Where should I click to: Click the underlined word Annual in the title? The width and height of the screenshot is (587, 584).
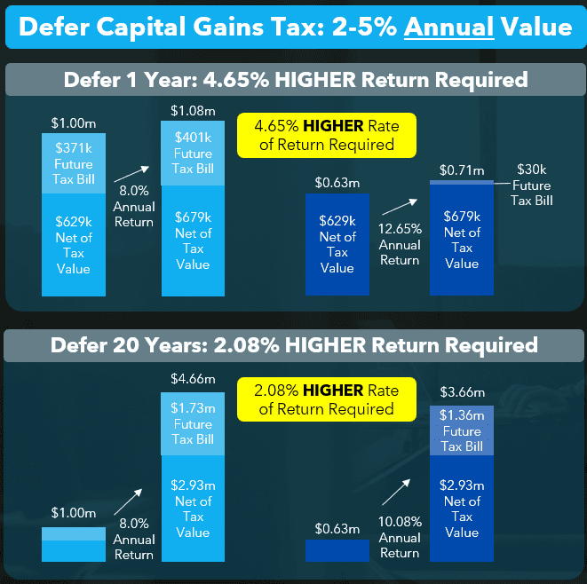pyautogui.click(x=448, y=27)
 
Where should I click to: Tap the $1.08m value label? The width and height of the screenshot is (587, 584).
pyautogui.click(x=193, y=112)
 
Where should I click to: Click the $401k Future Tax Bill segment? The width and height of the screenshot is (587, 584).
pyautogui.click(x=193, y=154)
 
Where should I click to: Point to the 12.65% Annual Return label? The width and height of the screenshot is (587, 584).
pyautogui.click(x=400, y=245)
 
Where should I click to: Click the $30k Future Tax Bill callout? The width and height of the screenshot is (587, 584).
pyautogui.click(x=531, y=185)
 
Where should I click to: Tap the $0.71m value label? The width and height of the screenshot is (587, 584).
pyautogui.click(x=462, y=170)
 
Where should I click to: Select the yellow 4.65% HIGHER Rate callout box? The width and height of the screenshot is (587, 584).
pyautogui.click(x=327, y=135)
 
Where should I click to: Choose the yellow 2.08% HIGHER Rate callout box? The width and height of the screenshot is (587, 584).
pyautogui.click(x=327, y=400)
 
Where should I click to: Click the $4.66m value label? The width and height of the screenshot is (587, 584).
pyautogui.click(x=193, y=379)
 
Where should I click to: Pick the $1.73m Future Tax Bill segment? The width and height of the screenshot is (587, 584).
pyautogui.click(x=193, y=423)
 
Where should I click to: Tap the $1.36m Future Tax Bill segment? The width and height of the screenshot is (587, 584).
pyautogui.click(x=462, y=430)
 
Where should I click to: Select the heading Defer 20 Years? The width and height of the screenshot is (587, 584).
pyautogui.click(x=294, y=344)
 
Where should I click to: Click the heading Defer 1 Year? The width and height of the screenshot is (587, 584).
pyautogui.click(x=294, y=79)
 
